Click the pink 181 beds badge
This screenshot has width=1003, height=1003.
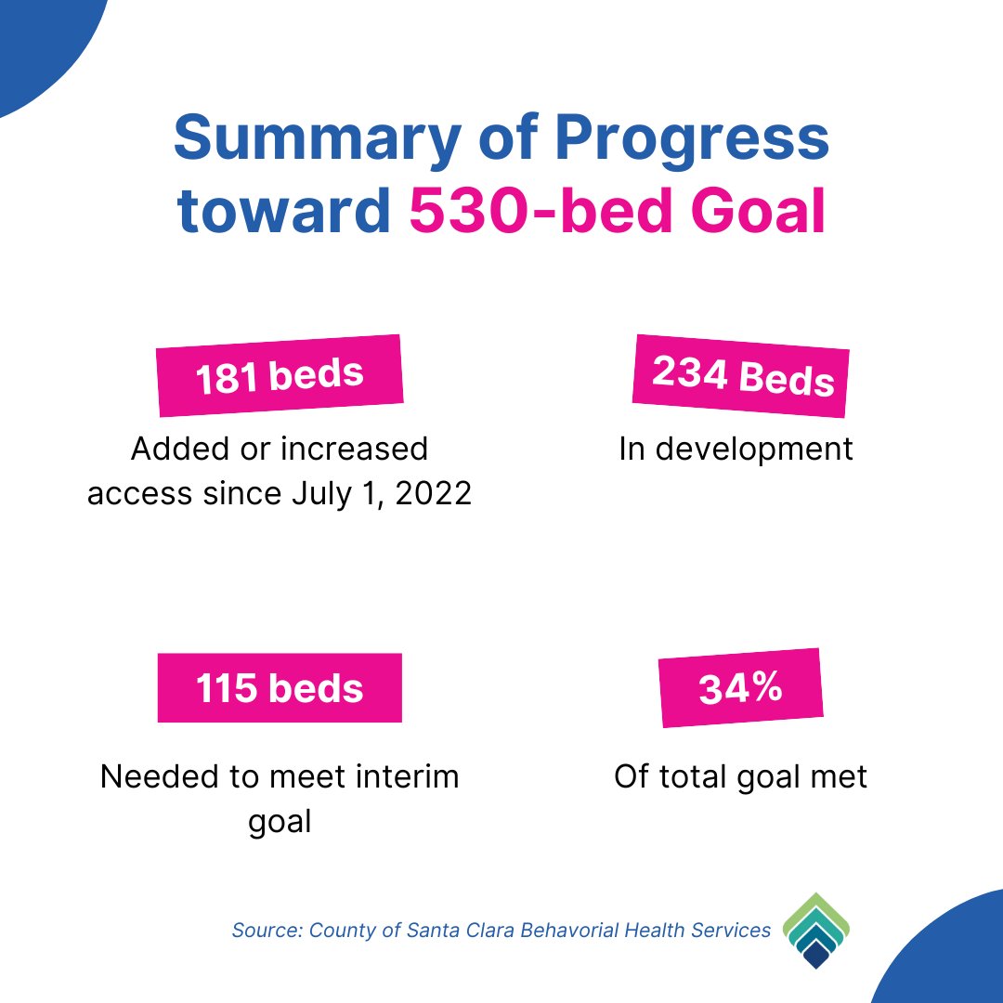click(280, 375)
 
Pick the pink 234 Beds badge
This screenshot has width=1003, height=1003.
click(741, 376)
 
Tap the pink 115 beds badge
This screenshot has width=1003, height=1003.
click(280, 687)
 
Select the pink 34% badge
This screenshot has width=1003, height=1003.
click(741, 687)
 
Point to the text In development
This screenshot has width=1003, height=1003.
click(736, 449)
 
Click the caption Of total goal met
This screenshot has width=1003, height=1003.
click(740, 776)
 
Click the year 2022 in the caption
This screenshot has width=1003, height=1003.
click(433, 493)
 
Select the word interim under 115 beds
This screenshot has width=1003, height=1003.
click(408, 776)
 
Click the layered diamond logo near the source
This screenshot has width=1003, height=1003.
click(816, 930)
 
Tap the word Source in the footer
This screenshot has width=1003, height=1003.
click(267, 930)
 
